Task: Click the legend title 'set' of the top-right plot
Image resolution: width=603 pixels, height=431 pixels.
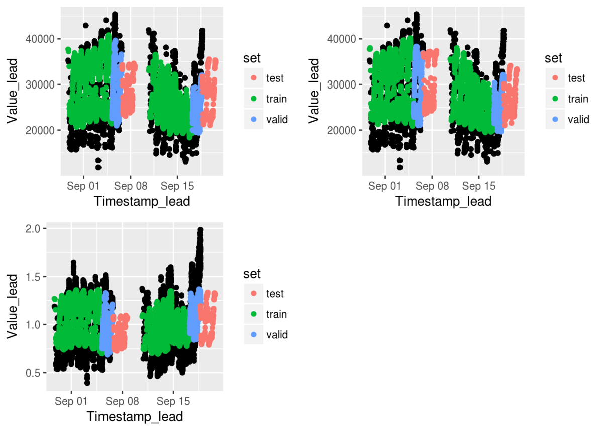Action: click(x=554, y=58)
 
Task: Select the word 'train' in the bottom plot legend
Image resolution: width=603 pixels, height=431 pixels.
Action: click(x=277, y=314)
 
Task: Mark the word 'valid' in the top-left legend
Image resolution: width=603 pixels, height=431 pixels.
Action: click(x=277, y=119)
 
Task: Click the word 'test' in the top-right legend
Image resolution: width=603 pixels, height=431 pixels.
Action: click(x=576, y=78)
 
